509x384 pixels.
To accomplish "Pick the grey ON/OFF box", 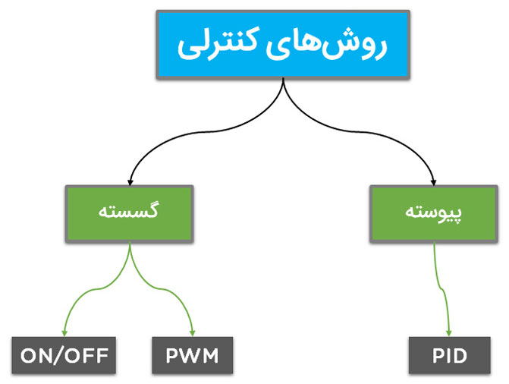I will (x=64, y=355).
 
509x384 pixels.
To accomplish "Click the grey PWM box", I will (x=193, y=355).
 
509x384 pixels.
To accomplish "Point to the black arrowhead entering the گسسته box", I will (x=130, y=181).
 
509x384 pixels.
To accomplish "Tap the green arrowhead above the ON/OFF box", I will (x=64, y=332).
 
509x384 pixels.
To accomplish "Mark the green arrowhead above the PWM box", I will (x=193, y=332).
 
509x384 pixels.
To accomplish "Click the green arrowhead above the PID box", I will (x=450, y=332).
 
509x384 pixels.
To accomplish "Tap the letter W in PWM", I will (x=193, y=355).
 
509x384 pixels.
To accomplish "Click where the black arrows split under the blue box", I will (x=284, y=82).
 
